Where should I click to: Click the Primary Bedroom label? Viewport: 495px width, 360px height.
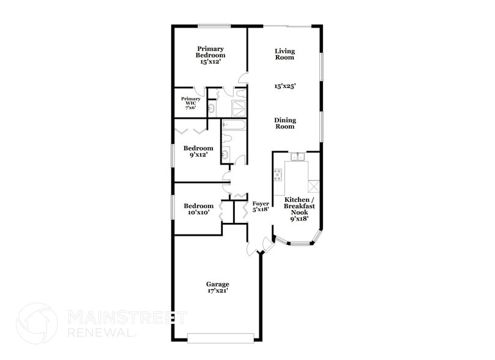(x=210, y=55)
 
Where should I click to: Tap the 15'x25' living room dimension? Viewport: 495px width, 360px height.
(x=285, y=87)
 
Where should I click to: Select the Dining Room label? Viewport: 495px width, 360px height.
(x=285, y=124)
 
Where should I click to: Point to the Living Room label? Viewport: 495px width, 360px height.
(x=285, y=54)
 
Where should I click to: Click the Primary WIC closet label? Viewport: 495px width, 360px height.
(x=190, y=102)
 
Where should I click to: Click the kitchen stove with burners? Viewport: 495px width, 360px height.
(x=278, y=175)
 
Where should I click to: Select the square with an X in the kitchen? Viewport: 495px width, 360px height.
(x=314, y=187)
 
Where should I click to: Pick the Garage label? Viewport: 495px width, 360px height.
(x=217, y=287)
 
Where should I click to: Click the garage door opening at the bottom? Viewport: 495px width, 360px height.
(x=220, y=338)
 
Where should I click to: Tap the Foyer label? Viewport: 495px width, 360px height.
(x=261, y=206)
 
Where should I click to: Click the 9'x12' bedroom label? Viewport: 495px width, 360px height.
(x=199, y=151)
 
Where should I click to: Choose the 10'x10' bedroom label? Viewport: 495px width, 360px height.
(x=199, y=209)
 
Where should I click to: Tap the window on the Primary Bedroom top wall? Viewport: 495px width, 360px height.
(x=214, y=26)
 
